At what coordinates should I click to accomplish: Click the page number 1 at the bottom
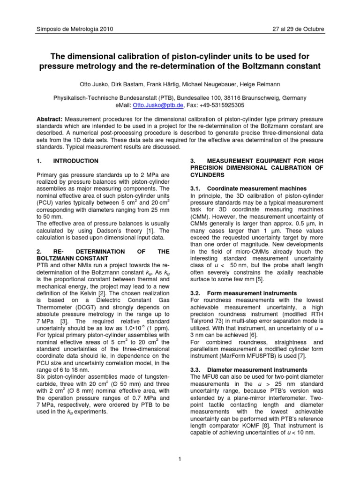tap(180, 458)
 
